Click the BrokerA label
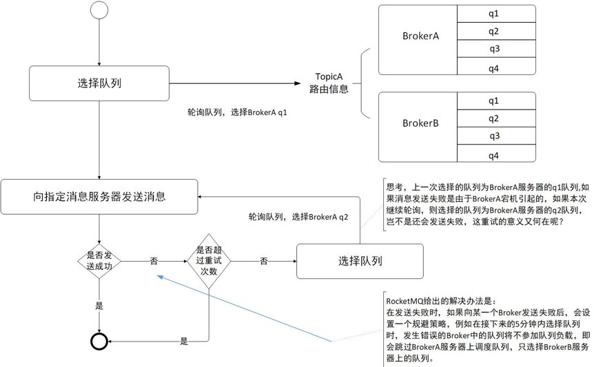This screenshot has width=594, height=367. (x=420, y=36)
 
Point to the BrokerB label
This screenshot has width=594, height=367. (x=420, y=123)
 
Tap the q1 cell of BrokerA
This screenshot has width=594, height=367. (x=496, y=14)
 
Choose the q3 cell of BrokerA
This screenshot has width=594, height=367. (x=496, y=48)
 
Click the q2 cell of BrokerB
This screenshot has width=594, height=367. (x=496, y=118)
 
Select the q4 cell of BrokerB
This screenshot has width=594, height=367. (x=496, y=154)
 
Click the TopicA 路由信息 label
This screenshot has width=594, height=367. (x=329, y=83)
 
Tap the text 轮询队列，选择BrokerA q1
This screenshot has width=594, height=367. (x=237, y=112)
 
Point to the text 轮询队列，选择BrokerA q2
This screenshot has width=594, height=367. (x=298, y=217)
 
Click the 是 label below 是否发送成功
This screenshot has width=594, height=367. (x=99, y=306)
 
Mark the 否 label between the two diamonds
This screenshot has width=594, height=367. (x=154, y=261)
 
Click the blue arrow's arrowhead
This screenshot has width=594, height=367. (x=160, y=277)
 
